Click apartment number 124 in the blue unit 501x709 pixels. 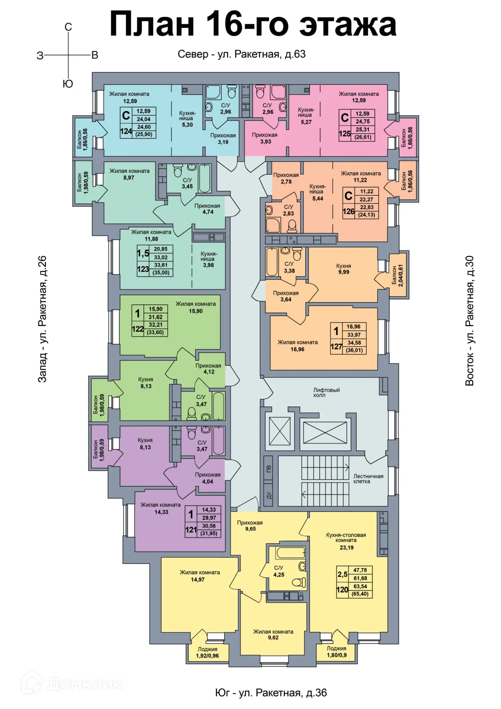(126, 131)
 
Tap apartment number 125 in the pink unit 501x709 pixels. (345, 133)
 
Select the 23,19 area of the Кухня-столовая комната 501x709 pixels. (346, 548)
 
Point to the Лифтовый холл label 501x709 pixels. (326, 393)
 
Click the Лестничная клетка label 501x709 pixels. (368, 479)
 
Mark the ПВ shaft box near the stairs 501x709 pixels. (268, 469)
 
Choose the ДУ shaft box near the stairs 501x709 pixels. (268, 495)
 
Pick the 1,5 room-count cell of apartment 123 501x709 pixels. (143, 253)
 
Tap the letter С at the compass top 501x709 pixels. (68, 27)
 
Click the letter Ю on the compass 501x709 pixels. (68, 84)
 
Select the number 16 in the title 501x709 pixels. (221, 25)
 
